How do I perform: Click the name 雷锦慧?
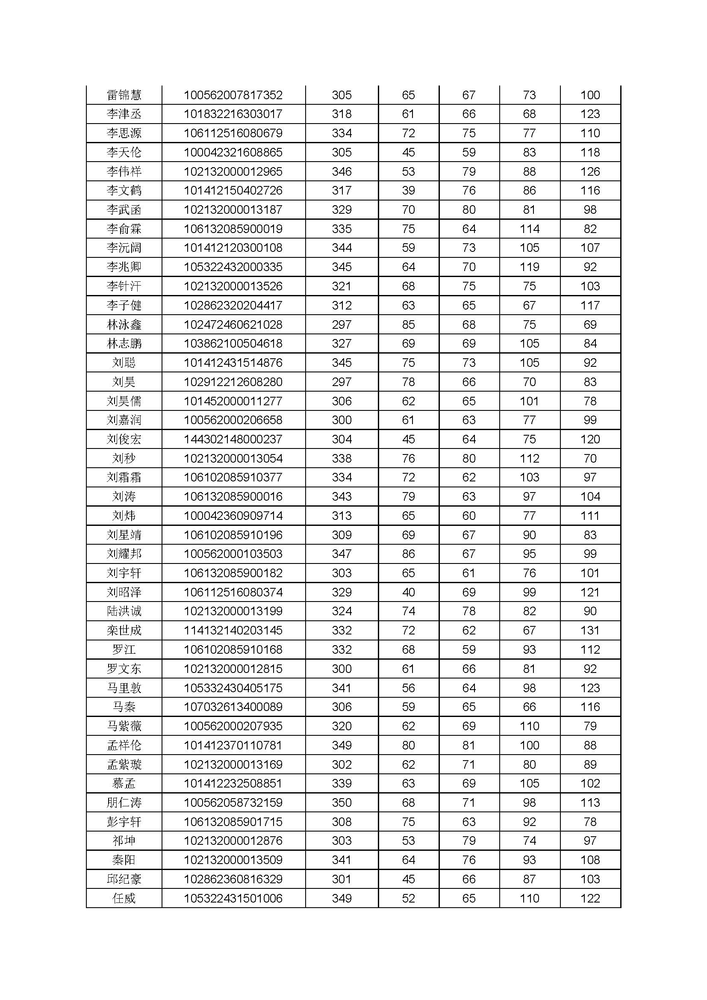point(124,95)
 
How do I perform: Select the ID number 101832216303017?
point(233,114)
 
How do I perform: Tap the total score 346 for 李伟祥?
point(342,171)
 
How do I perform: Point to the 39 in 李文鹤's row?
point(408,190)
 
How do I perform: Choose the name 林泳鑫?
point(124,324)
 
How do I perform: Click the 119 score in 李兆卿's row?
point(529,267)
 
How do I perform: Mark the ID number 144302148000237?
point(233,439)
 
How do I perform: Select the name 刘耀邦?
point(124,554)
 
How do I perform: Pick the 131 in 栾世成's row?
point(590,630)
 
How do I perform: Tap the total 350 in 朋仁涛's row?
point(342,803)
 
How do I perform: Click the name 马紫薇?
point(124,726)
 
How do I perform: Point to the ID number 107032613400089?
point(233,707)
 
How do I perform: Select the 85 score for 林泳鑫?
point(408,324)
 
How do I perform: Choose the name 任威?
point(124,899)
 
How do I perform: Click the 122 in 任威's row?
point(590,899)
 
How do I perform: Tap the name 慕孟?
point(124,784)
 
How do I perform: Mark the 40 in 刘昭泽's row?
point(408,592)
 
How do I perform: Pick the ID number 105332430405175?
point(233,688)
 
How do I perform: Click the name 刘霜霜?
point(124,478)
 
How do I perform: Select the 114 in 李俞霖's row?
point(529,229)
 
